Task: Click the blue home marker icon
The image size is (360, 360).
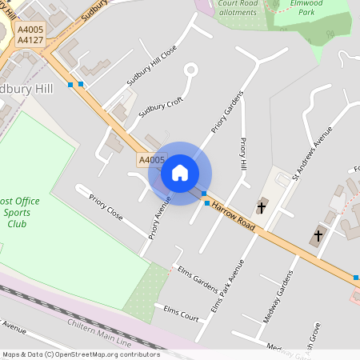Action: pos(180,172)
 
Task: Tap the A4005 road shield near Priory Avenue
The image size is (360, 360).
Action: pos(150,160)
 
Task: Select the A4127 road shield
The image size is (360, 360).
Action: pos(30,38)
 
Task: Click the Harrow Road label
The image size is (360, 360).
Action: pos(233,217)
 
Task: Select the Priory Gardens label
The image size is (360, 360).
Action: pos(226,111)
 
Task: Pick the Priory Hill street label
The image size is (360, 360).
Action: pos(244,154)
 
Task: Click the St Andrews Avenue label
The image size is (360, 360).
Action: pos(311,153)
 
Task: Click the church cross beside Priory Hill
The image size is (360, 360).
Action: pos(262,206)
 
